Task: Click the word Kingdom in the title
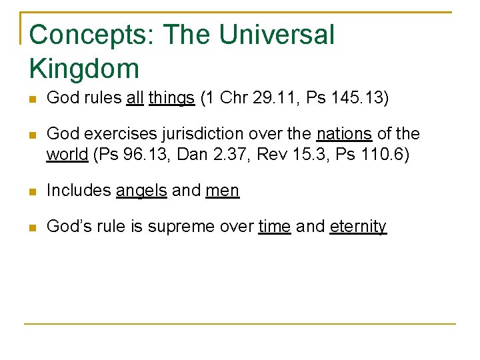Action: tap(84, 69)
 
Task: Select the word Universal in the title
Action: tap(277, 35)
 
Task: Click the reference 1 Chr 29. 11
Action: tap(246, 99)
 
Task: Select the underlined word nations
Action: tap(344, 134)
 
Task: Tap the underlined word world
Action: tap(67, 155)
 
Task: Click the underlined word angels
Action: tap(141, 191)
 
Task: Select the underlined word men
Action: tap(222, 191)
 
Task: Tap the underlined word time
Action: tap(275, 227)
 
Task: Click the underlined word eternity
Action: tap(358, 227)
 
